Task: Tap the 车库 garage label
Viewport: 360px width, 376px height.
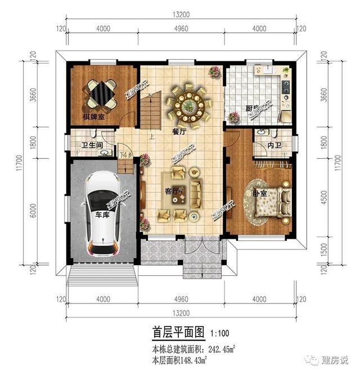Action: click(x=102, y=214)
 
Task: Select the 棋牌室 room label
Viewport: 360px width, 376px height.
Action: click(x=94, y=117)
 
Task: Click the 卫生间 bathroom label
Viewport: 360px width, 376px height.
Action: click(x=92, y=146)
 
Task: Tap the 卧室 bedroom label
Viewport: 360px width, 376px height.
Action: click(x=259, y=193)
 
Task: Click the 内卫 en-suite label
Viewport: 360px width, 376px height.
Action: click(x=274, y=145)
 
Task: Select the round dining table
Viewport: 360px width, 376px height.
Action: click(x=189, y=104)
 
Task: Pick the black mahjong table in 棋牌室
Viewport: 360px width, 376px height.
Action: click(x=101, y=93)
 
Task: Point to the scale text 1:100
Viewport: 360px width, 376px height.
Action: click(x=219, y=333)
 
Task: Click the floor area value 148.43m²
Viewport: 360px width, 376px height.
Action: click(x=189, y=359)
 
